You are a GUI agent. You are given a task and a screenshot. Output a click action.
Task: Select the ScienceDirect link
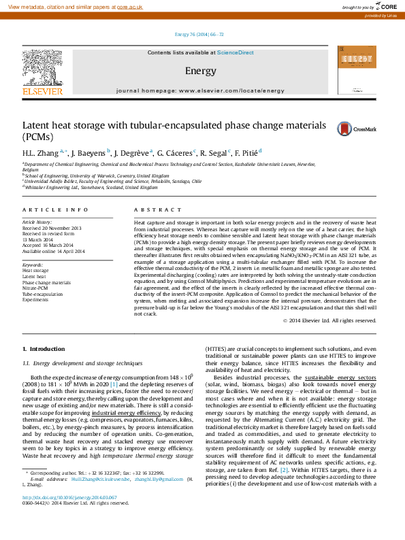pos(236,52)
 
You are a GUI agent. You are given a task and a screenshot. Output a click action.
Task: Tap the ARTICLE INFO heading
pos(55,209)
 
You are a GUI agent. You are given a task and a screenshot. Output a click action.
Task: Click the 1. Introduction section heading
pos(44,349)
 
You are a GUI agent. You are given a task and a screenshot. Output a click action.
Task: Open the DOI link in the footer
pos(60,516)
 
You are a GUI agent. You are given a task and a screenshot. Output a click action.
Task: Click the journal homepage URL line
pos(200,90)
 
